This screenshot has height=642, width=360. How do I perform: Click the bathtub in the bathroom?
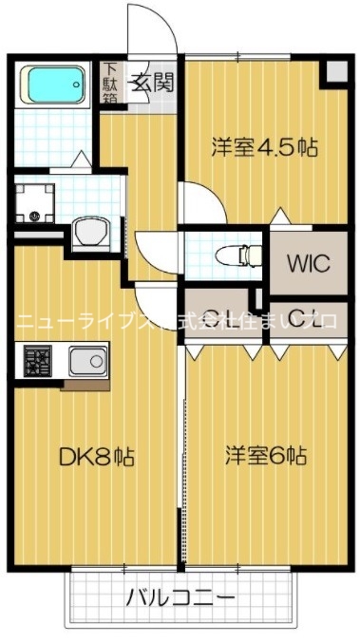(55, 85)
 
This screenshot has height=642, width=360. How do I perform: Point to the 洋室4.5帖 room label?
(264, 147)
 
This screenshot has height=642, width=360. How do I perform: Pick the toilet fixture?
(237, 254)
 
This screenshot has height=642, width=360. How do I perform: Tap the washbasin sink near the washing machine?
(92, 231)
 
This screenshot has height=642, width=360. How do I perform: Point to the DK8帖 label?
(97, 458)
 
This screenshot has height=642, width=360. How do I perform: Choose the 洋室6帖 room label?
(265, 455)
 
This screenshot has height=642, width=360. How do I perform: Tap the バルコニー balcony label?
(180, 597)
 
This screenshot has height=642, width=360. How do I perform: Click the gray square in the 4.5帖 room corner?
(335, 72)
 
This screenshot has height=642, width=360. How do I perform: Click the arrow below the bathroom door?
(82, 158)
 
